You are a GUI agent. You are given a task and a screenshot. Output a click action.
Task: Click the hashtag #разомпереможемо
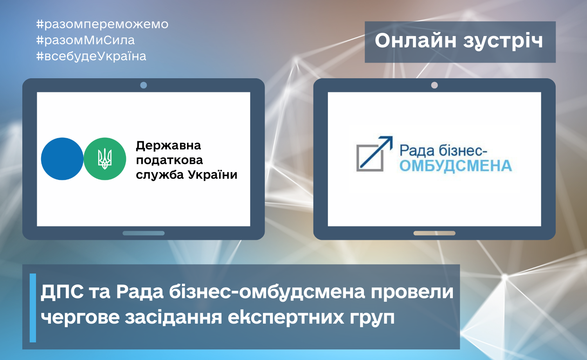tap(102, 24)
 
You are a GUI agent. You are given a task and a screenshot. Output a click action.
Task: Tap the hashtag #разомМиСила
tap(85, 40)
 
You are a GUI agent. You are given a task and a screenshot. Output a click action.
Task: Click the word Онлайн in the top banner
tap(415, 41)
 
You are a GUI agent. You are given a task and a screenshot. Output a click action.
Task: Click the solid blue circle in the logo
tap(62, 159)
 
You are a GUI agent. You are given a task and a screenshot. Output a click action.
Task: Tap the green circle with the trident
tap(105, 159)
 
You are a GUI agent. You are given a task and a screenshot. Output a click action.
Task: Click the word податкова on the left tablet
tap(169, 160)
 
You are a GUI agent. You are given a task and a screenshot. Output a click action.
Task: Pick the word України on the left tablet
tap(212, 175)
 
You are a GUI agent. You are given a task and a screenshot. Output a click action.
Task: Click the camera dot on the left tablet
tap(144, 85)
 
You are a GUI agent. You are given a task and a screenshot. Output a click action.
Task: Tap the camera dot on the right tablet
tap(434, 85)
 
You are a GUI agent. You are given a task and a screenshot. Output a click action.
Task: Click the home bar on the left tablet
tap(144, 233)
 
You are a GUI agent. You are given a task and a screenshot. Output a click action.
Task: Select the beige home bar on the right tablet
tap(434, 233)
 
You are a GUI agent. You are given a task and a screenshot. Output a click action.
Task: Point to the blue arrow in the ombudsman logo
tap(376, 152)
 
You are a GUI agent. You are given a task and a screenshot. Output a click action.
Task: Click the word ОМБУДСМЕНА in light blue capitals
tap(456, 166)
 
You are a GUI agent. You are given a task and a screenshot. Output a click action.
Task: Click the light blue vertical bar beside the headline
tap(33, 308)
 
